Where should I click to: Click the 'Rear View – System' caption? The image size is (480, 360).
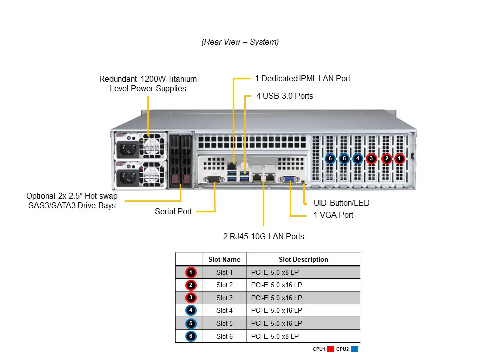(240, 42)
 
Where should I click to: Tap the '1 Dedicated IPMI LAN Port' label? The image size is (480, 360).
(302, 78)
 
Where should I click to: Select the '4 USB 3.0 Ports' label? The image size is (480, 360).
(284, 96)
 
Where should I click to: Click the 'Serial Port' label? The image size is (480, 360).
(173, 211)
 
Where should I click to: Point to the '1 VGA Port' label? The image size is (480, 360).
(333, 215)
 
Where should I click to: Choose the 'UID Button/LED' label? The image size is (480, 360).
(341, 203)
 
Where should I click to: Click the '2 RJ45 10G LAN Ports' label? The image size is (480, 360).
(263, 236)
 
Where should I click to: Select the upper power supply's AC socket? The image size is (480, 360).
(127, 148)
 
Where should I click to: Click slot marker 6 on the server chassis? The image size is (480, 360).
(330, 159)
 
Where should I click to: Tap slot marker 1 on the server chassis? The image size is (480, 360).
(399, 159)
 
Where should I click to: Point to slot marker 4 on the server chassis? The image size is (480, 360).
(358, 159)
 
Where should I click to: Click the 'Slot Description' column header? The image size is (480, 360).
(303, 259)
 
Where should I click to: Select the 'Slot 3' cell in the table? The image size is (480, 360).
(224, 298)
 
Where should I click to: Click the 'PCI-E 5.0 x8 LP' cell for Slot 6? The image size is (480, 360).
(275, 336)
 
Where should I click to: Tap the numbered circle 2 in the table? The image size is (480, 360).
(191, 285)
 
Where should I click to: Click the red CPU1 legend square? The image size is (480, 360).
(330, 349)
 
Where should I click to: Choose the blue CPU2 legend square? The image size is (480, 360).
(355, 349)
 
